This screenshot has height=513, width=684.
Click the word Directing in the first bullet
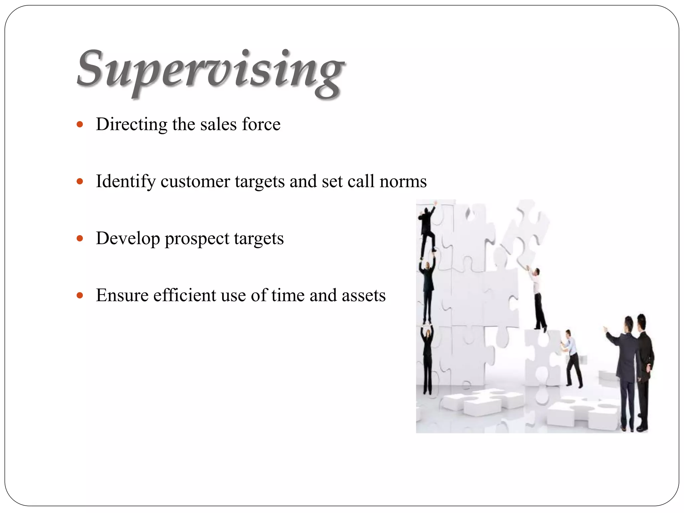(x=132, y=124)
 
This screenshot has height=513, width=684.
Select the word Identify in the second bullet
(x=126, y=182)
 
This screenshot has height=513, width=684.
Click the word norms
(x=403, y=181)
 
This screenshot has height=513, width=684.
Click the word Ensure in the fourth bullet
(x=122, y=296)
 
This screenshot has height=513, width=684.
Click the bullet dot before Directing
(x=79, y=125)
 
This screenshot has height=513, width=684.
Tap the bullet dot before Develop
(x=79, y=239)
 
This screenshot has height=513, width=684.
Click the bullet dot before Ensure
(x=79, y=296)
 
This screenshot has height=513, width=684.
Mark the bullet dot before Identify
(x=79, y=182)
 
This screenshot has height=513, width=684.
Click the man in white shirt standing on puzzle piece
(x=538, y=297)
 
